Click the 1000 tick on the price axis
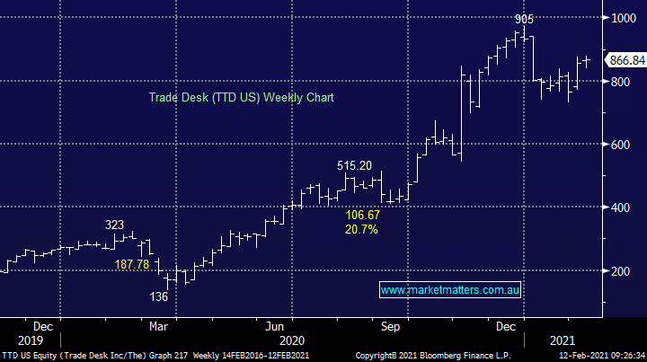click(x=623, y=18)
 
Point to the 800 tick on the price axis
click(x=620, y=81)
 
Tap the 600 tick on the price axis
click(x=620, y=145)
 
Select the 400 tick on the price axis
click(x=620, y=207)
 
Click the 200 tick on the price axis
click(x=620, y=270)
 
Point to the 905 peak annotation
click(x=525, y=18)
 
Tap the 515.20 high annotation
click(x=354, y=165)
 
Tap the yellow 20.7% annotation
click(x=361, y=230)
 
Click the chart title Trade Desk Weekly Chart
click(x=241, y=97)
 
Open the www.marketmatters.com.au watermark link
click(x=450, y=290)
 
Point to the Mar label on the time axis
click(x=158, y=327)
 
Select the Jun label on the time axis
click(x=275, y=327)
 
